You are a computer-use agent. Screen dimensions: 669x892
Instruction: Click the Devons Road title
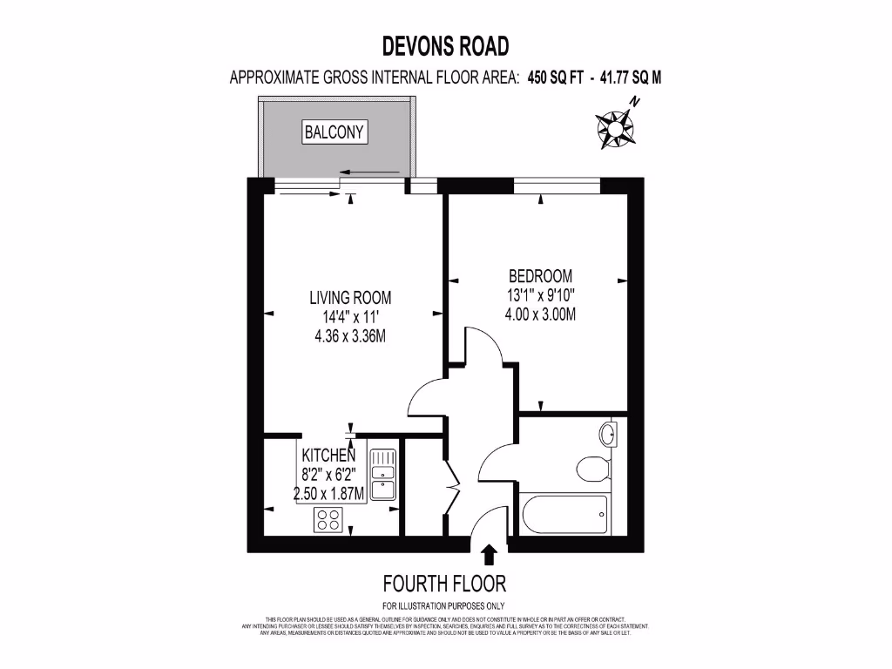446,45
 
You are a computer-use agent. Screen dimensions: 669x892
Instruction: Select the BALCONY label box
334,132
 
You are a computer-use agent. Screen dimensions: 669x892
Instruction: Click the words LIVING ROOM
350,298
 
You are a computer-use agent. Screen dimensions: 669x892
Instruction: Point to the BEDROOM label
540,276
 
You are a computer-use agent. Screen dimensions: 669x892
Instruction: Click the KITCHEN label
328,456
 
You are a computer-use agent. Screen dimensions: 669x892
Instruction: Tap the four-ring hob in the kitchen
328,520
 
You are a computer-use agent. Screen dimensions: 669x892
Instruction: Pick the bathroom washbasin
609,433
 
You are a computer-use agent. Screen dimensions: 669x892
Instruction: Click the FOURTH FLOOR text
444,584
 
